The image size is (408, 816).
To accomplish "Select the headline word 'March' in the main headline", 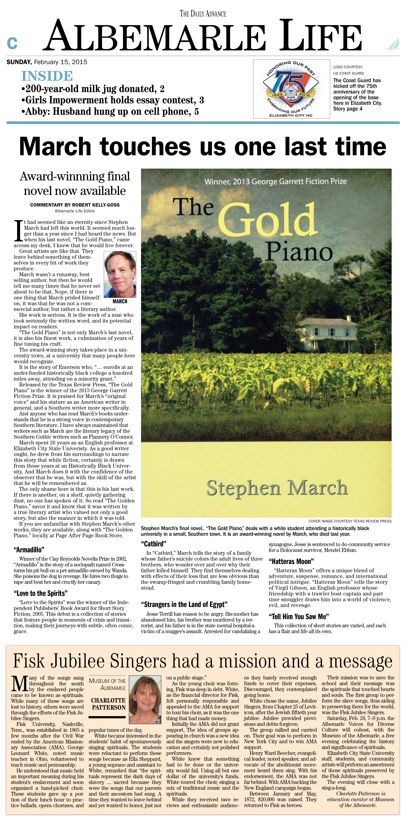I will click(55, 146).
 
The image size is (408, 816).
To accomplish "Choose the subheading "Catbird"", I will click(154, 544).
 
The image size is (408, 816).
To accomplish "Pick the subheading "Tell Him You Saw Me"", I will click(299, 616).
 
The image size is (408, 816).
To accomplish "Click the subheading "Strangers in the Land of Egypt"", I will click(184, 604).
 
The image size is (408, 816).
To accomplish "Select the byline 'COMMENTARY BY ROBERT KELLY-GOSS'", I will click(75, 205).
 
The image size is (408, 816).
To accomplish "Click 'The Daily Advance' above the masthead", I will click(203, 14).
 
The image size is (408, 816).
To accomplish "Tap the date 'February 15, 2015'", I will click(60, 62).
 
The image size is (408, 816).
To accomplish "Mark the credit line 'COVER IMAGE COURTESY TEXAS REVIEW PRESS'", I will click(350, 521).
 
